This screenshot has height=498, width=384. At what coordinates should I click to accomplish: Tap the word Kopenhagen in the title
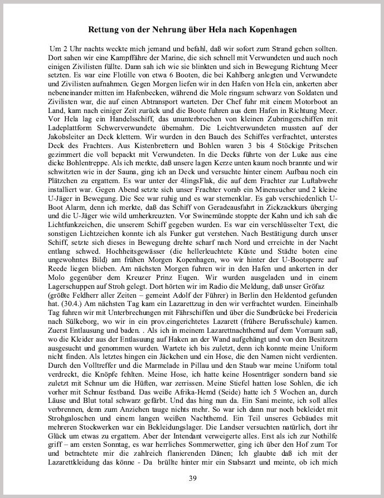pos(268,28)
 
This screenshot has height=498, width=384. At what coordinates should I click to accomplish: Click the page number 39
pos(192,478)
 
